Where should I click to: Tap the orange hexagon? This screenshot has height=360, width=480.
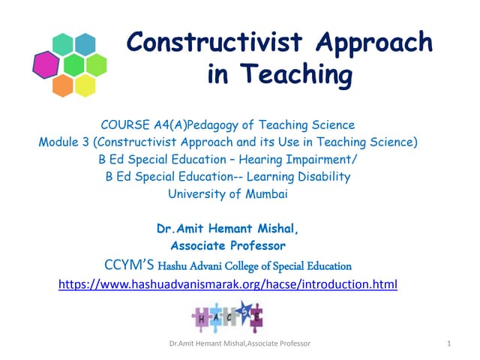(x=63, y=85)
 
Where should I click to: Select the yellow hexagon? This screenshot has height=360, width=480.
(x=85, y=85)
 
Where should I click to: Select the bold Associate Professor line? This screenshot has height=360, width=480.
(x=228, y=246)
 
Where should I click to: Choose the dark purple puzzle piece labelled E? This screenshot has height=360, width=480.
(x=255, y=316)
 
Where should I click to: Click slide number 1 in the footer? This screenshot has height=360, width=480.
(x=447, y=343)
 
